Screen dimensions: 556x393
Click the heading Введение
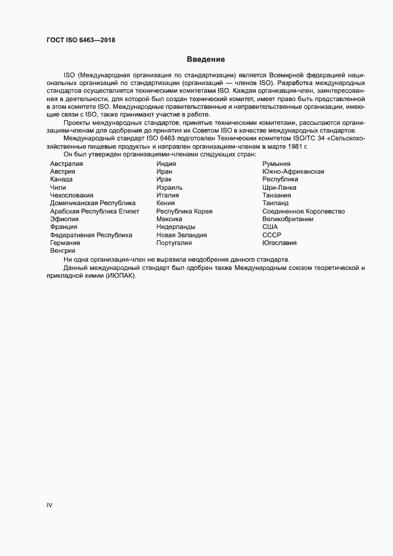coord(206,59)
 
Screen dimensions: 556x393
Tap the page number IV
coord(50,505)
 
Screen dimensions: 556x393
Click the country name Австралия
coord(67,164)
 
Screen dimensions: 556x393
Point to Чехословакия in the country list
coord(71,195)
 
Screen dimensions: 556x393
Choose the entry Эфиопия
coord(64,219)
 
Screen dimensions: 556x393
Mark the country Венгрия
coord(63,251)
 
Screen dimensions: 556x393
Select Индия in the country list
coord(166,164)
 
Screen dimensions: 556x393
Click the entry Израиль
coord(169,187)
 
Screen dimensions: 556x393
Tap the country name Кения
coord(165,203)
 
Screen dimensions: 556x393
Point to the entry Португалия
coord(174,243)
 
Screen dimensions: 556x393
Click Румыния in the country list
coord(276,164)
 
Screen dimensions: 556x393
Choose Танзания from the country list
coord(277,195)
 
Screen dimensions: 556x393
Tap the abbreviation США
coord(271,227)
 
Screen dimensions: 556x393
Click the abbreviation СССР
coord(272,235)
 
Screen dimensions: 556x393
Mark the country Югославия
coord(280,243)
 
